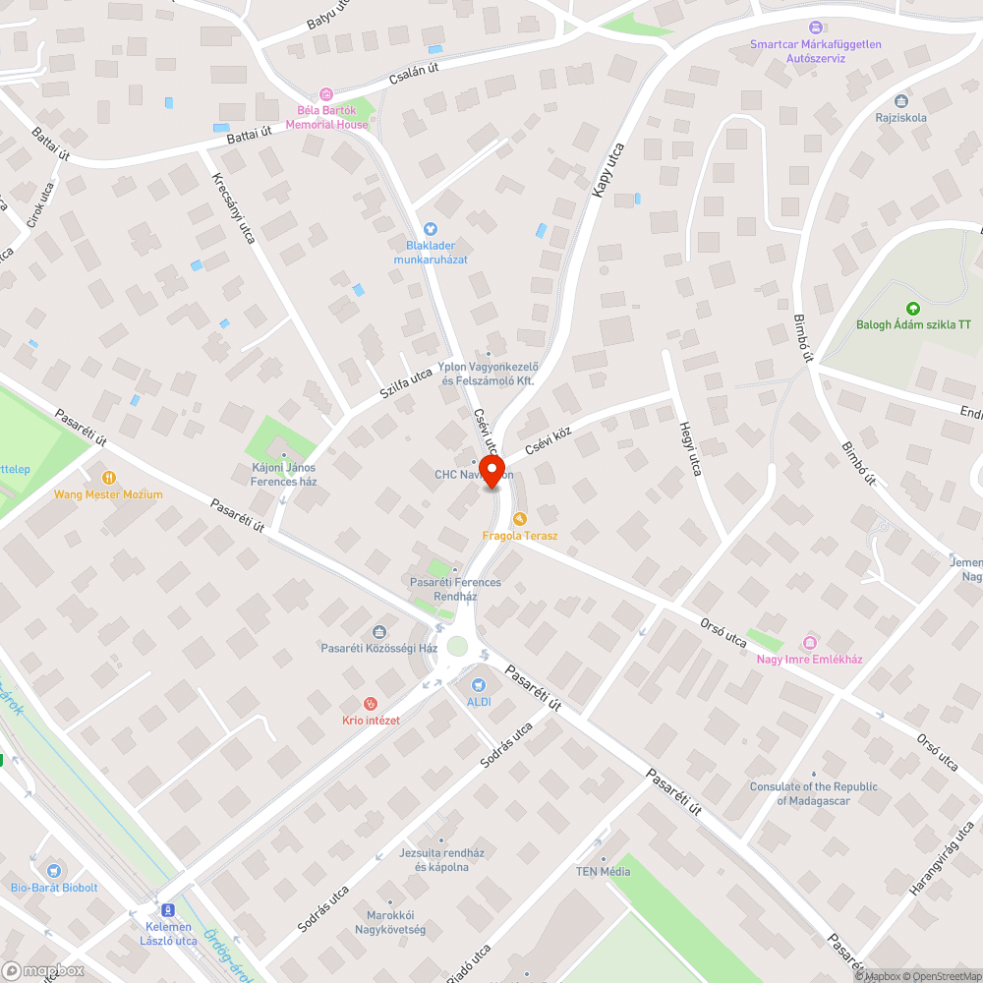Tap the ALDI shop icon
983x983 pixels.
point(479,684)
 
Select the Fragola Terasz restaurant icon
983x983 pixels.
point(520,518)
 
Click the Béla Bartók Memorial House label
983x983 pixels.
point(326,118)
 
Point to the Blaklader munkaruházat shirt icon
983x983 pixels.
point(430,228)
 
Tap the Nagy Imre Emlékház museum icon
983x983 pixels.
point(809,642)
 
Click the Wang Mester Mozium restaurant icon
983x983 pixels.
point(108,478)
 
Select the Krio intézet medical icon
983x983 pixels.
point(371,703)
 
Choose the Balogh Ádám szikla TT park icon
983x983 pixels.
point(913,308)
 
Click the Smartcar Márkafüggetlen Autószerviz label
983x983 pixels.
point(815,51)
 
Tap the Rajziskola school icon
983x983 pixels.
point(900,100)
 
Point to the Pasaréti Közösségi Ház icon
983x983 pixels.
point(379,631)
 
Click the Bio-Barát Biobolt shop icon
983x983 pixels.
point(54,870)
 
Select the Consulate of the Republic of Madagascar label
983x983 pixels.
point(814,793)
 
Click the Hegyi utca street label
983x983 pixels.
point(689,449)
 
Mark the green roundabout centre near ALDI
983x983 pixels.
point(456,646)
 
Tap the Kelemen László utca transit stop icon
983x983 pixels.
point(168,911)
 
